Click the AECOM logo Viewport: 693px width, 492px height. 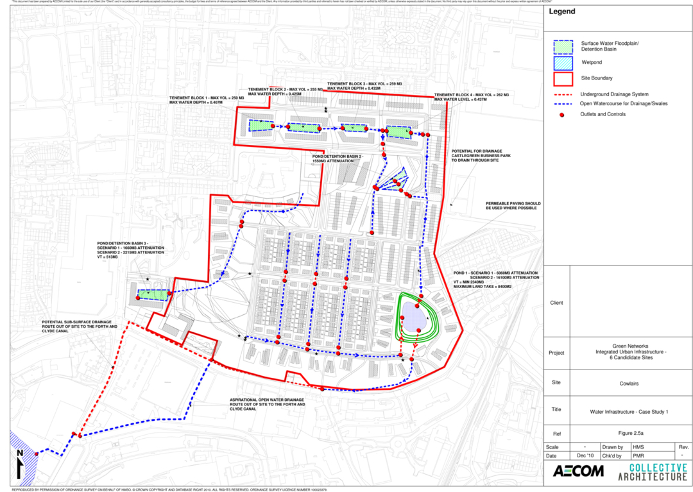pos(578,471)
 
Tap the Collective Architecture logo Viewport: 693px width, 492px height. pos(652,471)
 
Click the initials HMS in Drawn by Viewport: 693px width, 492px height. pos(638,446)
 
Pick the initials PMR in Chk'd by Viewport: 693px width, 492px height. pos(638,455)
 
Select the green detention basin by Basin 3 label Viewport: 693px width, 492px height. pos(153,294)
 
